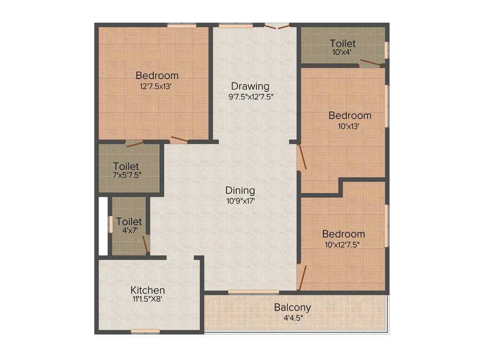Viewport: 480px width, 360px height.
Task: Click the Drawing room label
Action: [x=250, y=86]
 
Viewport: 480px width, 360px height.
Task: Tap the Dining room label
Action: [x=240, y=190]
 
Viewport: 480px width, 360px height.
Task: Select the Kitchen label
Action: [x=148, y=290]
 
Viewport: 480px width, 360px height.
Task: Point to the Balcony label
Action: [x=292, y=307]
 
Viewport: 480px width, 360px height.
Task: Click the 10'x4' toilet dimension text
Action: [x=342, y=52]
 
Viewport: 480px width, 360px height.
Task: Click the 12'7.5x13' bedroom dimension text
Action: [x=157, y=86]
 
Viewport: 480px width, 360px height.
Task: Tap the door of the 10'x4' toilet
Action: [x=371, y=63]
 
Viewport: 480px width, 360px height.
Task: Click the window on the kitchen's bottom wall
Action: [x=145, y=331]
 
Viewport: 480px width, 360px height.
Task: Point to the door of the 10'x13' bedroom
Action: [x=302, y=157]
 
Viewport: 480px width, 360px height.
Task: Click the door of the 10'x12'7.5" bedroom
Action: [x=302, y=278]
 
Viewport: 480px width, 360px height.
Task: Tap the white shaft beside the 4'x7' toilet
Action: [x=103, y=226]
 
